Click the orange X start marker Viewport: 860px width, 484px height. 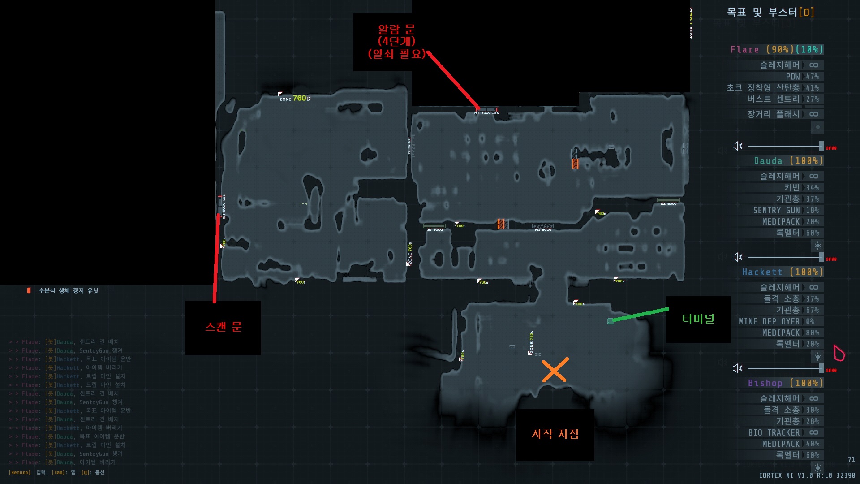tap(555, 370)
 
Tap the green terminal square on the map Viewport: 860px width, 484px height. tap(610, 321)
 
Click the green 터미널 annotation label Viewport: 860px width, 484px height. tap(698, 319)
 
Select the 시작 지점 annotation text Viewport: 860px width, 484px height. tap(555, 434)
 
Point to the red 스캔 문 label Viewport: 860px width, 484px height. tap(223, 327)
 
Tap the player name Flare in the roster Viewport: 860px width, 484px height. tap(744, 49)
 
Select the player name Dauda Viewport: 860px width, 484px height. tap(768, 160)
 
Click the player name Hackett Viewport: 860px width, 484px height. tap(762, 272)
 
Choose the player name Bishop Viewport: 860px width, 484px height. tap(765, 383)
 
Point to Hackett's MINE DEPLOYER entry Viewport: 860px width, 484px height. tap(769, 321)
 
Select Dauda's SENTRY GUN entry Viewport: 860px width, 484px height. tap(776, 210)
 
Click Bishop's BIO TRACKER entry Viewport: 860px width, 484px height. tap(774, 432)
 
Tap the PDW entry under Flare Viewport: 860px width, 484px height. tap(793, 77)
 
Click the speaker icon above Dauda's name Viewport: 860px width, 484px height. tap(737, 146)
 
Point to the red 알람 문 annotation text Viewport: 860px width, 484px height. tap(396, 41)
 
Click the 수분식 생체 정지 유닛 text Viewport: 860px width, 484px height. tap(68, 290)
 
